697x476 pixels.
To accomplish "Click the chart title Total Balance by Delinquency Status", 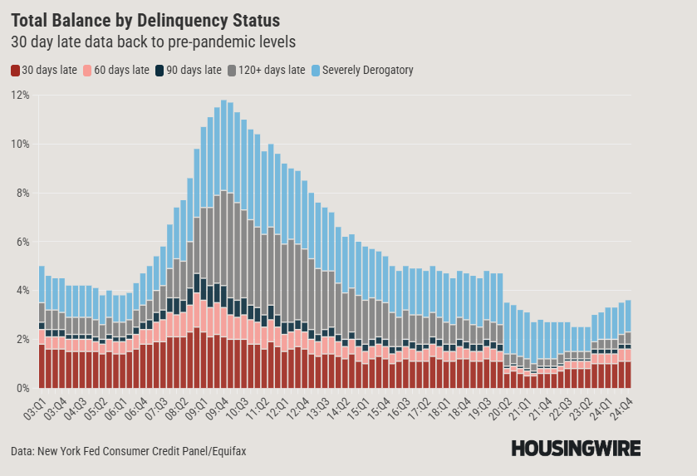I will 145,19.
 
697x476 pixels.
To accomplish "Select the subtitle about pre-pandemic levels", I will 153,41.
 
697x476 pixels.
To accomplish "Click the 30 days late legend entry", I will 44,71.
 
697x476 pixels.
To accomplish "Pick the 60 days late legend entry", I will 115,71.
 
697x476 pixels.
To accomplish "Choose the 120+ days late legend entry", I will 264,71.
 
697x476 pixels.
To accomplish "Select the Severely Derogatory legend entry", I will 361,71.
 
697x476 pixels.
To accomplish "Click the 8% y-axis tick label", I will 22,194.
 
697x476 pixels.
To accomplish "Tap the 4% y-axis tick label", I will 22,291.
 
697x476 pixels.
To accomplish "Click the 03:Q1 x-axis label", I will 36,407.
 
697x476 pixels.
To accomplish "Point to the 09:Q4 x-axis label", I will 218,407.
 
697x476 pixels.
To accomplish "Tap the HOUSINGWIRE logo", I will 576,449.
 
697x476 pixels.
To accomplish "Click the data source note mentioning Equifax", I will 129,451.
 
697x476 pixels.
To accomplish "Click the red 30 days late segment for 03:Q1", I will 42,366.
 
